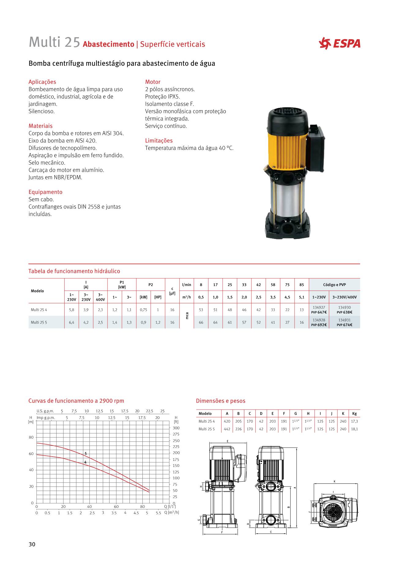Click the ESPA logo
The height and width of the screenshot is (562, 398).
340,44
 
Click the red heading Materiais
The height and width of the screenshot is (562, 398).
40,126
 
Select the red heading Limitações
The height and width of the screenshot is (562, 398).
159,141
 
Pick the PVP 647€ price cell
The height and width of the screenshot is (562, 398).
319,312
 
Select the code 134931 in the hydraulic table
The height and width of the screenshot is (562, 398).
344,320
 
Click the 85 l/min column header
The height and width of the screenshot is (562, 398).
302,285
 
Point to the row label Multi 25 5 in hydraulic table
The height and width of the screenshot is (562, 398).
39,322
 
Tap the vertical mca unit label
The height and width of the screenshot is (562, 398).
187,315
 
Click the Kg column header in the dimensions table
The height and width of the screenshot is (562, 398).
355,414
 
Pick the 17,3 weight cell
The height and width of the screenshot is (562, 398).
355,421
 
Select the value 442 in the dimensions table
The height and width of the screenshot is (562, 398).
227,429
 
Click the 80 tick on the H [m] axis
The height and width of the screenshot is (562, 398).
31,437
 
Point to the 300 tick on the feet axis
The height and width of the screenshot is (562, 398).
176,428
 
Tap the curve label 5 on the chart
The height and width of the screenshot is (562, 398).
86,454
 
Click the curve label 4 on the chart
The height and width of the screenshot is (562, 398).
85,462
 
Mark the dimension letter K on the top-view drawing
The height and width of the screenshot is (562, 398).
334,482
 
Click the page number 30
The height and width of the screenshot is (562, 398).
32,545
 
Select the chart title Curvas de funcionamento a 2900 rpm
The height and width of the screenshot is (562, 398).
76,401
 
